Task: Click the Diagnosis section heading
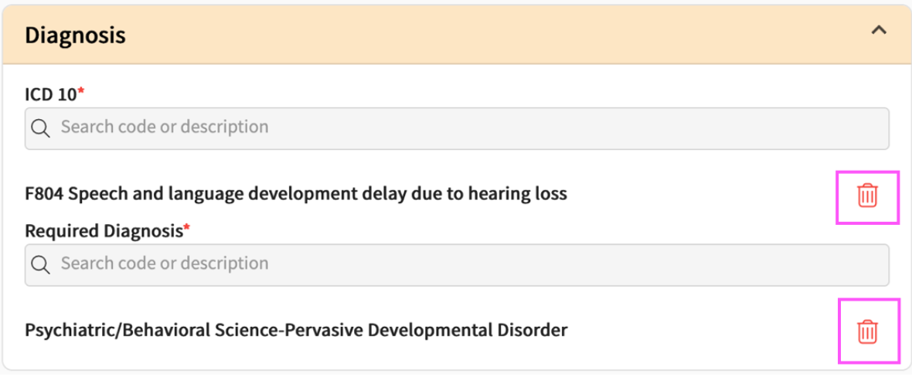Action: pos(75,36)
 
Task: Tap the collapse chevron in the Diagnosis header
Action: pos(878,30)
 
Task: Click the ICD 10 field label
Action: pos(50,94)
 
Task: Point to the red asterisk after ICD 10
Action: pos(81,91)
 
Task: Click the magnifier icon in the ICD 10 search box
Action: pos(41,128)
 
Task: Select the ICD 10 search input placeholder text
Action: pos(165,127)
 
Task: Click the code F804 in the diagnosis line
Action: pos(44,194)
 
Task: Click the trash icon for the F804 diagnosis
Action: pos(867,195)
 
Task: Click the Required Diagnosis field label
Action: pos(104,231)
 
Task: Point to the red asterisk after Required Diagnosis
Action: pos(187,228)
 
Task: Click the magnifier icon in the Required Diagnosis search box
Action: pos(41,265)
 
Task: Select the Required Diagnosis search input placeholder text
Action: pos(165,263)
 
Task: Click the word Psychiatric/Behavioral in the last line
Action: pos(116,331)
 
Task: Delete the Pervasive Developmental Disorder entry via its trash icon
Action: pos(867,332)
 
